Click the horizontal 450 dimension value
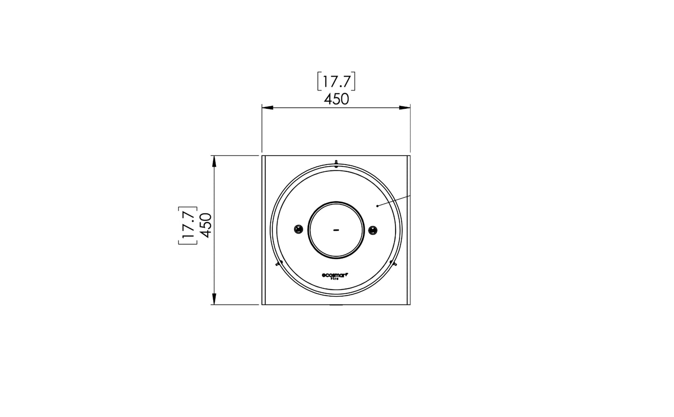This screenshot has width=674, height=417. point(336,99)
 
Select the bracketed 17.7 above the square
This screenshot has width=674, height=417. point(336,82)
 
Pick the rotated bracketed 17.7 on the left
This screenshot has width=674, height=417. point(188,225)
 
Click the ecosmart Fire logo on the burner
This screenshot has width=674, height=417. point(336,276)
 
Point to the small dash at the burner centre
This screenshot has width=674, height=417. point(336,230)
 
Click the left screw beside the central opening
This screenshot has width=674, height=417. point(299,229)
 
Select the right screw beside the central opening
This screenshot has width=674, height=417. point(373,229)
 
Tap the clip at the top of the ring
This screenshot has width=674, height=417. point(336,163)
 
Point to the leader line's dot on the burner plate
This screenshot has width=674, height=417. point(377,205)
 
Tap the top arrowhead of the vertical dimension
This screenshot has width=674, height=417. point(214,161)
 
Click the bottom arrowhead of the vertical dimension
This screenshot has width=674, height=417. point(214,299)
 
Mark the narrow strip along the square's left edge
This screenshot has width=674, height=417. point(264,230)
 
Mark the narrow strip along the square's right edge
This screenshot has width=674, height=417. point(408,230)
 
